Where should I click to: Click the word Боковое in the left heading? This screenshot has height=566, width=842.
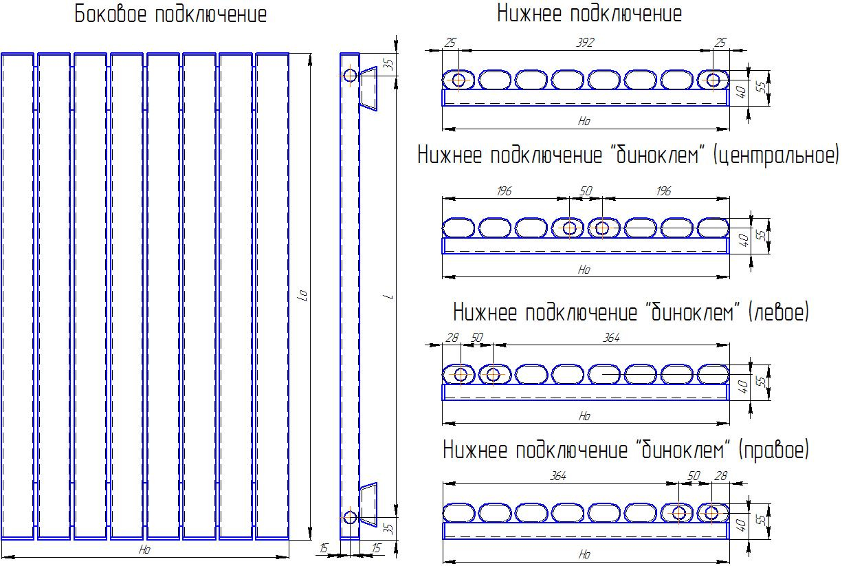click(110, 14)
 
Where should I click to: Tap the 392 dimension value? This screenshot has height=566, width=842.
click(585, 42)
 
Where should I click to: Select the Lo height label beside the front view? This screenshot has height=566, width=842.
click(302, 295)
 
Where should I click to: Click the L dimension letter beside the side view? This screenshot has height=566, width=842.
click(390, 297)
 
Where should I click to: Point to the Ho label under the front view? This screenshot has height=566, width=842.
click(144, 549)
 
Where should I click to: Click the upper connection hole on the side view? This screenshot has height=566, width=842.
click(350, 76)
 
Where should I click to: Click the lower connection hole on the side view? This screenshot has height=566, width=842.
click(350, 517)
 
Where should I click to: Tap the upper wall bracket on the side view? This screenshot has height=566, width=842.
click(368, 89)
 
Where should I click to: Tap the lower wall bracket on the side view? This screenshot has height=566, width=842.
click(368, 504)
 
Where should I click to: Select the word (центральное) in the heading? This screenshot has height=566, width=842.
click(775, 155)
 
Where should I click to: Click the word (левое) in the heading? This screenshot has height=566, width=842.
click(779, 312)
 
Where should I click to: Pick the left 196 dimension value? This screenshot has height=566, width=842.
click(504, 191)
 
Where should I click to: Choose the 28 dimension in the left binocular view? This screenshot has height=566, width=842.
click(452, 338)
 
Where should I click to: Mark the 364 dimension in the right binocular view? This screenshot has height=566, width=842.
click(558, 476)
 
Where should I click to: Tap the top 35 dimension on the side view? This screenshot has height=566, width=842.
click(390, 65)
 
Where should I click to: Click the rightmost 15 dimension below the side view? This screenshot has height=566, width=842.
click(376, 548)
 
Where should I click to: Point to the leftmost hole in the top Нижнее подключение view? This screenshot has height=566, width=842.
click(458, 80)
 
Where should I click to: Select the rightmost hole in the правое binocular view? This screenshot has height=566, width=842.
click(711, 512)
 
